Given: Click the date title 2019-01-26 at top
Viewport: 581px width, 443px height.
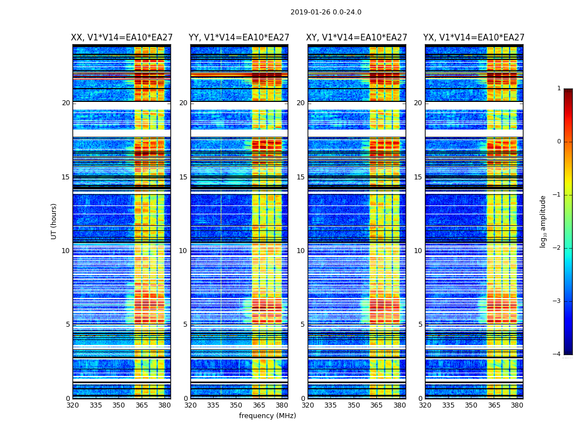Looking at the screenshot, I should pos(325,12).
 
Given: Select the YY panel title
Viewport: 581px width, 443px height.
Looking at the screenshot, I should pos(239,38).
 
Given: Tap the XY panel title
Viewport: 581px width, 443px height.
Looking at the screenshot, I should pos(357,38).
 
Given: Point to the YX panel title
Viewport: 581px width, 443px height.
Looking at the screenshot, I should pos(474,38).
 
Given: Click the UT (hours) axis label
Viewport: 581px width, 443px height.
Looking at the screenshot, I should pos(54,221).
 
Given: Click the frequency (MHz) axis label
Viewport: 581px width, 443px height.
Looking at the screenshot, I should pos(267,416).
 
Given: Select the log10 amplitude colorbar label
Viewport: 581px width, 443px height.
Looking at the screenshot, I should pos(543,221).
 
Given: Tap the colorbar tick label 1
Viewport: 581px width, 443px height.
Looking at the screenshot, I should pos(559,89).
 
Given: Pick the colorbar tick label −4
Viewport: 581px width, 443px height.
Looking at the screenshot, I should pos(557,354).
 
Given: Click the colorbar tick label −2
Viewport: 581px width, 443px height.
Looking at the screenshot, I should pos(557,248).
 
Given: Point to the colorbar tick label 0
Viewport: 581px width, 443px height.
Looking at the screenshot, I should pos(559,142).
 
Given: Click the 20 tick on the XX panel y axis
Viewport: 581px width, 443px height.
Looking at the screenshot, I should pos(66,103).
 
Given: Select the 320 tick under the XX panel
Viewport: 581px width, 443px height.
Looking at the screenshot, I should pos(72,405).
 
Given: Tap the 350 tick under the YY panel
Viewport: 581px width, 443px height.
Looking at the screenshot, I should pos(236,405).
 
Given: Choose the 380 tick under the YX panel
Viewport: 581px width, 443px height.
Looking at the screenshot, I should pos(517,405).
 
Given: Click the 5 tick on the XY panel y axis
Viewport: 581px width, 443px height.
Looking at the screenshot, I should pos(303,324).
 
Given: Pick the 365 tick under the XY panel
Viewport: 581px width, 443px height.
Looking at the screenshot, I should pos(376,405).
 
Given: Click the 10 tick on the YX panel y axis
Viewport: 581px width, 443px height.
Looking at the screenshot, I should pos(418,251).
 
